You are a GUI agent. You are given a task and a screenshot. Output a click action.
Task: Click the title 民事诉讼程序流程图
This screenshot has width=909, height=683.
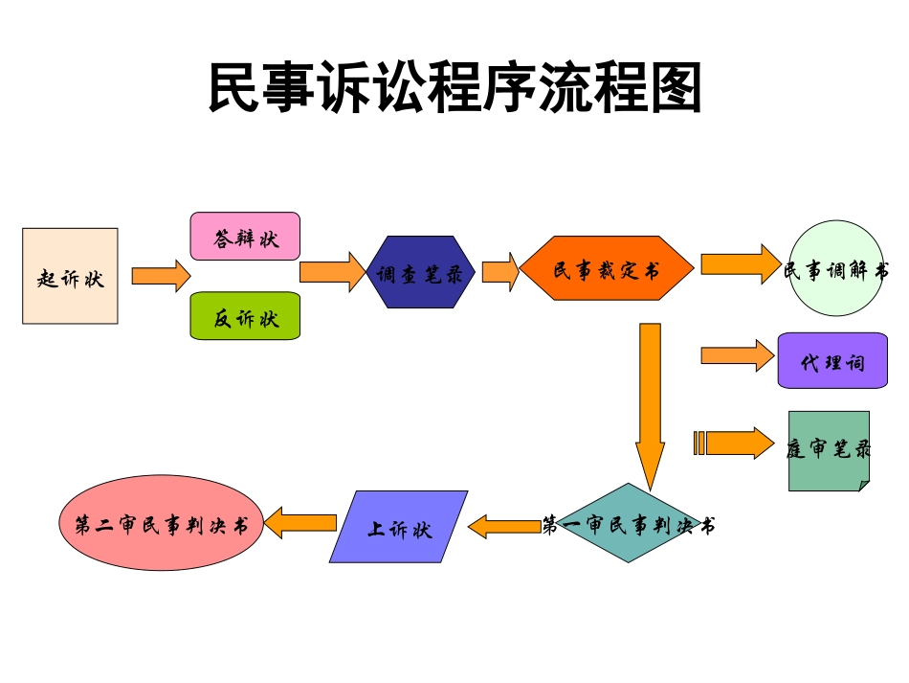[x=455, y=89]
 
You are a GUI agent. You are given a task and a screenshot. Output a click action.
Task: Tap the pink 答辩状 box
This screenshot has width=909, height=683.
[x=245, y=237]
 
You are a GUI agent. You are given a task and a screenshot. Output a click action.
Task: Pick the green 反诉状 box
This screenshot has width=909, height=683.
[x=245, y=316]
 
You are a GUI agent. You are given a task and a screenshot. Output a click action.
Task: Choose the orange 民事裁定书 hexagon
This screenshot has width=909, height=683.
[x=607, y=269]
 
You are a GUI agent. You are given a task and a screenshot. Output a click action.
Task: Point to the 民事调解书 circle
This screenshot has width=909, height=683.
[x=835, y=269]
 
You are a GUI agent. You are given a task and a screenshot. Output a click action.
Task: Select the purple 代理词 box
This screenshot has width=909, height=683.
[x=831, y=360]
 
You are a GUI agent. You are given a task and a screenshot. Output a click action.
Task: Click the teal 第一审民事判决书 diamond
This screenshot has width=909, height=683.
[x=629, y=523]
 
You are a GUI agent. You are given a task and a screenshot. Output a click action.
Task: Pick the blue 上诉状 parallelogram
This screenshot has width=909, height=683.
[x=399, y=527]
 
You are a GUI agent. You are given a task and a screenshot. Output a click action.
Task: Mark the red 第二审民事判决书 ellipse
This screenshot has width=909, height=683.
[x=161, y=523]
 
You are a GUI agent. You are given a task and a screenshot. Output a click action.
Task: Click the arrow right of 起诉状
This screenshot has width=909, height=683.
[x=161, y=276]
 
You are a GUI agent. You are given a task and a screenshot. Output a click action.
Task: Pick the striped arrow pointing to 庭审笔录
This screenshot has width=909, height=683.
[x=733, y=443]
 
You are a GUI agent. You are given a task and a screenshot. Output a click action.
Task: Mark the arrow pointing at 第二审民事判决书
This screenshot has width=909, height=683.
[x=300, y=523]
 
